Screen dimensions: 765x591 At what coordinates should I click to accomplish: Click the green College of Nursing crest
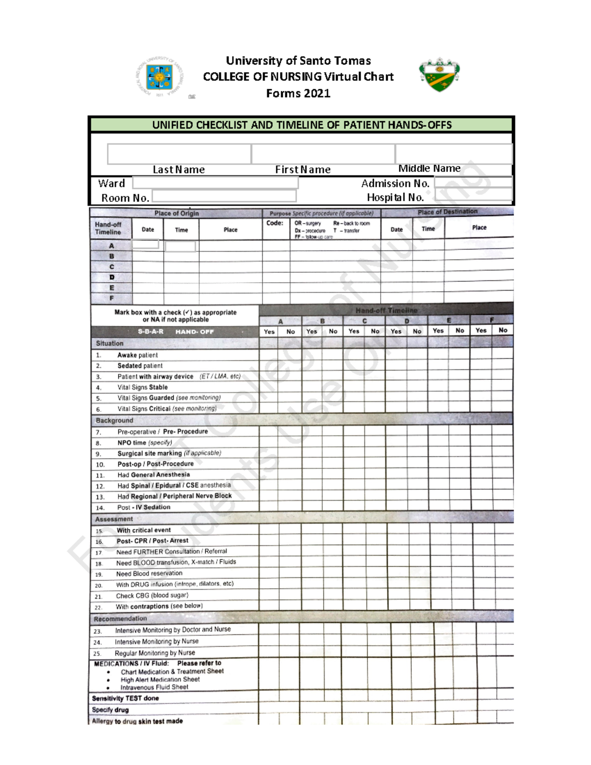click(439, 75)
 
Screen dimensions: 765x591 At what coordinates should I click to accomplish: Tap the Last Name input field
click(179, 154)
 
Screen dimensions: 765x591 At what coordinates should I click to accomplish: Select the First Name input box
click(323, 154)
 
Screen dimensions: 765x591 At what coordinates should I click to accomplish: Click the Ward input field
click(215, 183)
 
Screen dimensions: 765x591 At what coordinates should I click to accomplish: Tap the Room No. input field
click(224, 197)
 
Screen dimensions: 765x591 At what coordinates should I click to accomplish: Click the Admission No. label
click(395, 184)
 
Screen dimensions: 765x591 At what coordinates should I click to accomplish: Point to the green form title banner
click(301, 125)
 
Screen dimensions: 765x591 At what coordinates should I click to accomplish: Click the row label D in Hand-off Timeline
click(112, 277)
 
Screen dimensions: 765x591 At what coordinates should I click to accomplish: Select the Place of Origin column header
click(176, 213)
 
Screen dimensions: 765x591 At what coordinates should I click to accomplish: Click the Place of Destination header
click(447, 212)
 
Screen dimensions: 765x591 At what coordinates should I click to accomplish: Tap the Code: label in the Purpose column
click(275, 223)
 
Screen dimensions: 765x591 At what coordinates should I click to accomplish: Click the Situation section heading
click(110, 343)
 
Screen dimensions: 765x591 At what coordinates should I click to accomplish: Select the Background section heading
click(114, 420)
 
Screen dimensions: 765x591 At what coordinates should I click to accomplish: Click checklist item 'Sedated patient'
click(140, 366)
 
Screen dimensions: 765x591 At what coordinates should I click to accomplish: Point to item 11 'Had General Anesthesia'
click(153, 475)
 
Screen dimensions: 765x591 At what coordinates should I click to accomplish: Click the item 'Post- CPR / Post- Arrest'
click(152, 541)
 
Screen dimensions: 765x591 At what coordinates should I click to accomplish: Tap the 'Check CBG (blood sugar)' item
click(152, 596)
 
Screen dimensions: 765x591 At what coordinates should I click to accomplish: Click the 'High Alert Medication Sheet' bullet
click(160, 679)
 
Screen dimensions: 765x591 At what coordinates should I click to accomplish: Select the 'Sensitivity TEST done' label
click(125, 698)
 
